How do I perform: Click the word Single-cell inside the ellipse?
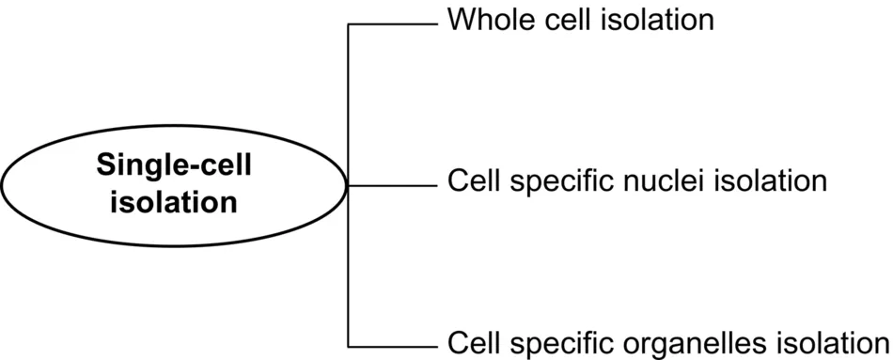(174, 165)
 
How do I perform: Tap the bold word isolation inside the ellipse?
(174, 201)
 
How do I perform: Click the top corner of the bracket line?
(349, 24)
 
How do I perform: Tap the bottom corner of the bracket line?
(349, 345)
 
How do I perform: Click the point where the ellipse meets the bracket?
(349, 185)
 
